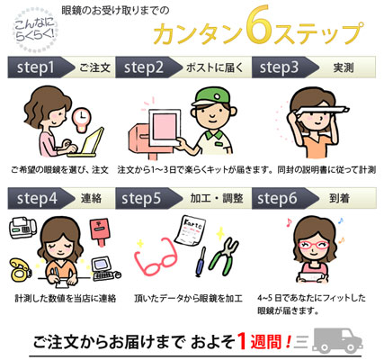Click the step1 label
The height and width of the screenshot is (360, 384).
click(x=36, y=67)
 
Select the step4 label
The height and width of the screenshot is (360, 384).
click(x=37, y=199)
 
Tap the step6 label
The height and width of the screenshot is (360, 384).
click(x=277, y=199)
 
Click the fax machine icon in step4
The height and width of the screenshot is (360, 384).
click(x=22, y=228)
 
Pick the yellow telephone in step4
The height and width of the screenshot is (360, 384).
click(x=20, y=271)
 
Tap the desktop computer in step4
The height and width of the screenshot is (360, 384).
click(x=105, y=269)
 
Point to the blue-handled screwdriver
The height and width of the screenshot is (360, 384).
click(x=201, y=262)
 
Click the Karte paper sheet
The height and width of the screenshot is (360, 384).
click(x=191, y=231)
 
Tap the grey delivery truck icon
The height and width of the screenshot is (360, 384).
click(x=337, y=340)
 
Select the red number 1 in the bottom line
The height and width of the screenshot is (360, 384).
click(x=243, y=342)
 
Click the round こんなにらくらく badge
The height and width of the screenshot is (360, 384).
click(x=35, y=30)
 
